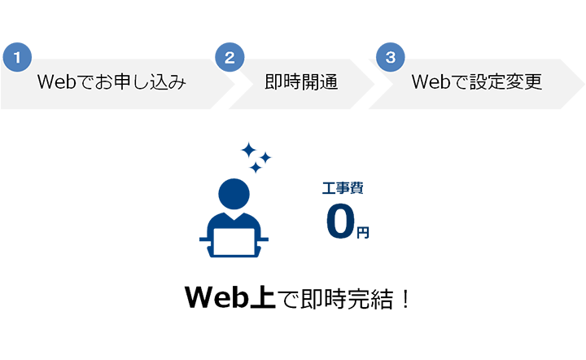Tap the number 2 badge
pyautogui.click(x=229, y=58)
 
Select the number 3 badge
pyautogui.click(x=391, y=57)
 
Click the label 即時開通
pyautogui.click(x=301, y=83)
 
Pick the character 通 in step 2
pyautogui.click(x=328, y=83)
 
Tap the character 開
pyautogui.click(x=310, y=83)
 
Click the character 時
pyautogui.click(x=292, y=83)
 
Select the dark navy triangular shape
pyautogui.click(x=383, y=195)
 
